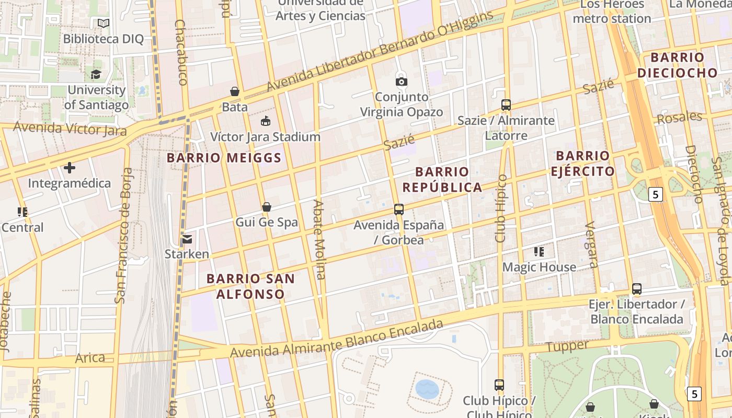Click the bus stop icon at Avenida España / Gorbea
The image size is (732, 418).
coord(399,210)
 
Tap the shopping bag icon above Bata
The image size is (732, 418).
coord(235,91)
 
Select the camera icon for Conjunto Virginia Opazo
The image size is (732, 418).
coord(401,82)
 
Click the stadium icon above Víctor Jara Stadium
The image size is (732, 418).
coord(266,121)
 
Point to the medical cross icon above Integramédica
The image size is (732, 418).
coord(70,168)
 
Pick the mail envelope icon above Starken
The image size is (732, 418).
coord(187,239)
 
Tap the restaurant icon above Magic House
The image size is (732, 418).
coord(539,252)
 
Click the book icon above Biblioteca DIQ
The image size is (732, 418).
coord(104,24)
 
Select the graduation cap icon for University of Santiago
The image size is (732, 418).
coord(96,75)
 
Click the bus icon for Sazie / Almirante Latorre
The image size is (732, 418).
coord(506,105)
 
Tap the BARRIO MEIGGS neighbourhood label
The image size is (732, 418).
coord(225,158)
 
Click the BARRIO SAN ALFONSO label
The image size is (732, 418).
coord(250,286)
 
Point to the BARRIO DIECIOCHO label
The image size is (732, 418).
coord(677,65)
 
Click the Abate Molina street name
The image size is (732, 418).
coord(319,239)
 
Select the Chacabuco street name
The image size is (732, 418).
coord(181,52)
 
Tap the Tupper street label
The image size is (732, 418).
coord(567,346)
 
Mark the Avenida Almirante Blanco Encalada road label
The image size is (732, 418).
coord(337,340)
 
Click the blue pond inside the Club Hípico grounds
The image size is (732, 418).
coord(427,389)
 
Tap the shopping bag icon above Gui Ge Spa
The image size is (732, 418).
coord(266,207)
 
